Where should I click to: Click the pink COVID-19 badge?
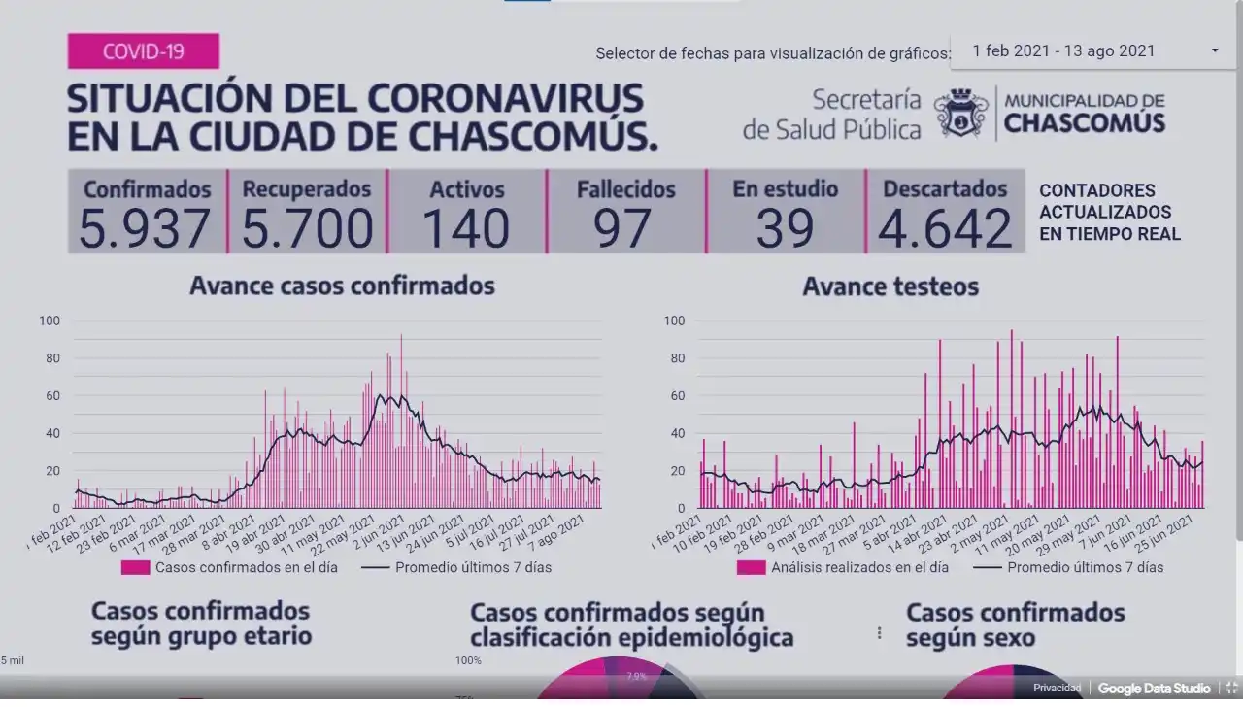point(143,51)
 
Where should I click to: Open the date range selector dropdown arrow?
point(1215,50)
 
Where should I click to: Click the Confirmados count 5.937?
point(145,228)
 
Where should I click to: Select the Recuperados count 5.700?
point(307,228)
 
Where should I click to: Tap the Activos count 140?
point(466,228)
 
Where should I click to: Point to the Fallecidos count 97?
point(625,228)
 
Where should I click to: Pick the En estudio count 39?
point(785,228)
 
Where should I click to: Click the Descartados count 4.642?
point(945,228)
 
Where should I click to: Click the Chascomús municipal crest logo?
point(960,113)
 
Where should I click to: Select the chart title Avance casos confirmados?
point(342,286)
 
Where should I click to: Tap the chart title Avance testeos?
point(890,286)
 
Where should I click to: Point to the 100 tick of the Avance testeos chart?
point(673,320)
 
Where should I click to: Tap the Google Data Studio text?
point(1154,689)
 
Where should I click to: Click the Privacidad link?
point(1057,689)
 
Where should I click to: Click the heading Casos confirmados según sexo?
point(1015,625)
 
